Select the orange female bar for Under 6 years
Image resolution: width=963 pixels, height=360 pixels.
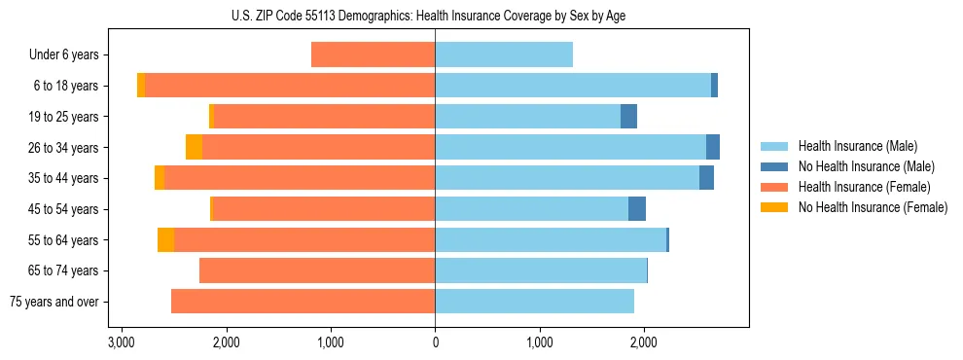point(373,54)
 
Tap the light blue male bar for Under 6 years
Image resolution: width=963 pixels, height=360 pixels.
point(503,54)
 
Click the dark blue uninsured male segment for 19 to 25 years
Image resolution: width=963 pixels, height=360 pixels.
point(628,117)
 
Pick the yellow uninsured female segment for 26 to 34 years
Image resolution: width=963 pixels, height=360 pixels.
point(194,147)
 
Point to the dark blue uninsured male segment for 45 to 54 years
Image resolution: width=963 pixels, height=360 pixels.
point(637,209)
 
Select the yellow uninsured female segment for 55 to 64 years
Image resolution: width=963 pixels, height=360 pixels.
point(165,240)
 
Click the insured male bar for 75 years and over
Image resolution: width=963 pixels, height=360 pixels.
point(534,302)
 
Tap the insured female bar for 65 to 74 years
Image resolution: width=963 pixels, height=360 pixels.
point(316,270)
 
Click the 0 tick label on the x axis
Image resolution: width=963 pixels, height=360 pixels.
point(435,342)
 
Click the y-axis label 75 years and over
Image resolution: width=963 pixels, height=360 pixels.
point(54,302)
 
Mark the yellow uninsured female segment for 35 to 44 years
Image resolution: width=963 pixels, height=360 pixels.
point(160,178)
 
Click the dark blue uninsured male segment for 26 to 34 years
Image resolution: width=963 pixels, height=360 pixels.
point(713,147)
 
